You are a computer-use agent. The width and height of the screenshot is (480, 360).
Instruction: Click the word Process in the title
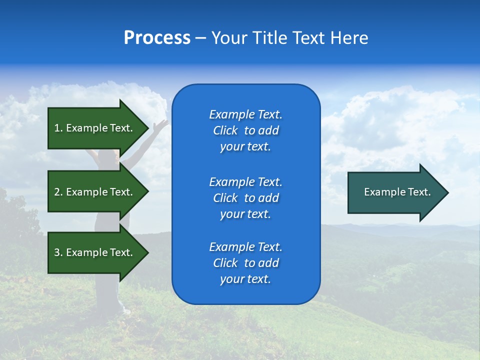point(157,38)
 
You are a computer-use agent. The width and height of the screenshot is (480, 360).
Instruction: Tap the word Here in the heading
point(349,38)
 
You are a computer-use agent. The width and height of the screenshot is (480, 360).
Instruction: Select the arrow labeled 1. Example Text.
point(95,128)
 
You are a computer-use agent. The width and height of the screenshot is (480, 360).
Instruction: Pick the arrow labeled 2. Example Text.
point(95,192)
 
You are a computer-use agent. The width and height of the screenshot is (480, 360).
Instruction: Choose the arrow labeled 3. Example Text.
point(95,252)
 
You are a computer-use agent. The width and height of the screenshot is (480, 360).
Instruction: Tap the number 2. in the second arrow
point(58,192)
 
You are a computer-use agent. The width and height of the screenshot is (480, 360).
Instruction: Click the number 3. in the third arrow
point(58,252)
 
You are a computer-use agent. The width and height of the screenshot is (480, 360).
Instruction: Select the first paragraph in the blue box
point(245,130)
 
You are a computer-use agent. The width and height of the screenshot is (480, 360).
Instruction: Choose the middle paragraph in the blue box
point(245,198)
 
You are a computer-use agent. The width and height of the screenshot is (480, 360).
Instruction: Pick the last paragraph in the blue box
point(245,263)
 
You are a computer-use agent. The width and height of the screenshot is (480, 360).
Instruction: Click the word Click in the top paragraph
point(225,130)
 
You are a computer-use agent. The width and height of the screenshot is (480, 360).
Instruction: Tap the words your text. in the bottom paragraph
point(245,279)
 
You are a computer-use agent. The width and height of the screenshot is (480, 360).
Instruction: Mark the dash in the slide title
point(200,38)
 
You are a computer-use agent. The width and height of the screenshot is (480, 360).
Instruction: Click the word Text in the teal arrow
point(420,192)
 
